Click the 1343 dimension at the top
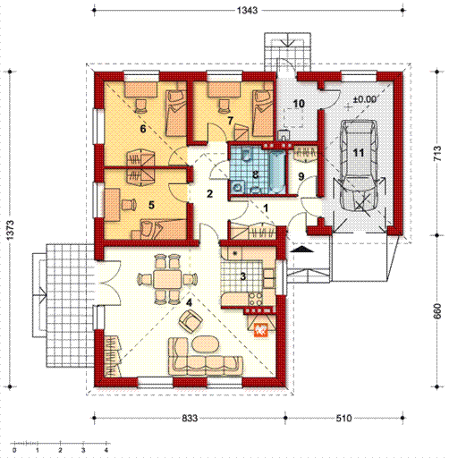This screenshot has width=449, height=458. click(247, 11)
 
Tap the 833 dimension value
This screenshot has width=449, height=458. click(190, 418)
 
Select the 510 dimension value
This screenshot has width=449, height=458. click(343, 418)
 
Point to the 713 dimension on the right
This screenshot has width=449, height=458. click(437, 153)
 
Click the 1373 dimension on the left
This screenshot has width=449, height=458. click(10, 230)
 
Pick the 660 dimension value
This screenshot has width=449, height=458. click(437, 311)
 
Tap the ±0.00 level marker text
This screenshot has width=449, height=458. click(364, 99)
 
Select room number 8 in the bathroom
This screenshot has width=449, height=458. click(255, 174)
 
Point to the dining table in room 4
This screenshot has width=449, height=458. click(167, 279)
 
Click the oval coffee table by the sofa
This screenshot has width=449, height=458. click(206, 345)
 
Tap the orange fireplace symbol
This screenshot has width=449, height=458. click(261, 330)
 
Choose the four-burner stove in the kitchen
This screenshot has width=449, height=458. click(255, 300)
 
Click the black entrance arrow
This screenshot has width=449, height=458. click(302, 250)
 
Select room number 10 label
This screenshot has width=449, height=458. click(299, 104)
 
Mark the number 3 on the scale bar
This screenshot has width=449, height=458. click(83, 450)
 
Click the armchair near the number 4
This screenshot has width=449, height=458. click(191, 321)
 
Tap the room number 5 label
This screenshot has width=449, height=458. click(151, 205)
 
